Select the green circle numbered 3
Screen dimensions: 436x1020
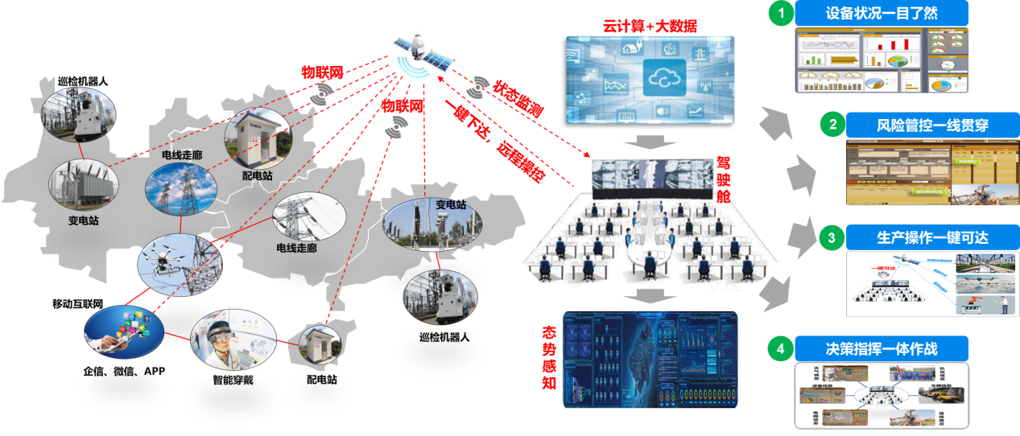[830, 238]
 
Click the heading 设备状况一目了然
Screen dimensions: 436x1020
[882, 14]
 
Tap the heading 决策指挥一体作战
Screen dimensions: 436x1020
[882, 349]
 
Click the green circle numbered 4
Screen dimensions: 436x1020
[778, 349]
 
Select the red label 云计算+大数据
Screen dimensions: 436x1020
[650, 26]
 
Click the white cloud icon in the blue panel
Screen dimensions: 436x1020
[664, 78]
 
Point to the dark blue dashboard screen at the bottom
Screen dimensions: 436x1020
[651, 359]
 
